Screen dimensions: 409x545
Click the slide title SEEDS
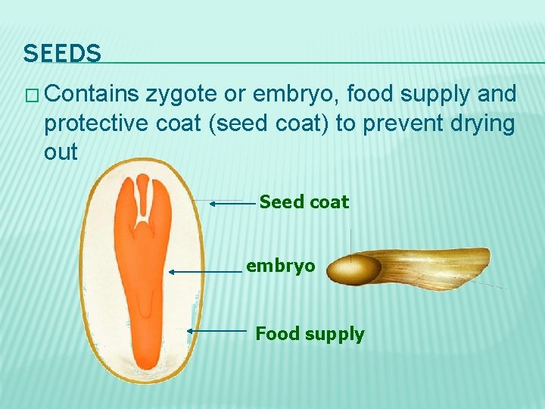tap(62, 54)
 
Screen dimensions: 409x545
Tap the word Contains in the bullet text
tap(95, 94)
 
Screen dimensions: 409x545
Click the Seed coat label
tap(304, 202)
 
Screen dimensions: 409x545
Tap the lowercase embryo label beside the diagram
tap(280, 267)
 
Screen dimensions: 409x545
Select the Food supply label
tap(310, 333)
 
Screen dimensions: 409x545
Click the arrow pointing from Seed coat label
tap(232, 203)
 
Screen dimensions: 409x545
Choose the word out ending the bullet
tap(61, 151)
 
